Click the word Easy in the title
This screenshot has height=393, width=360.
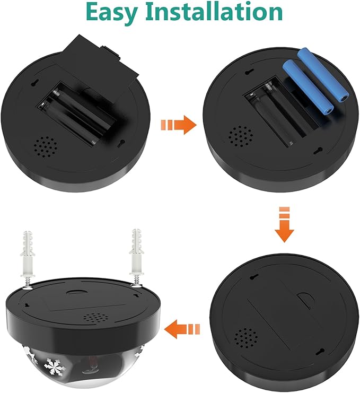point(112,13)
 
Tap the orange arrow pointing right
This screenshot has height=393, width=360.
point(178,125)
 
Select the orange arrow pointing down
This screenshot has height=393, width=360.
point(284,224)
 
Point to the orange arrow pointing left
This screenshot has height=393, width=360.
point(182,329)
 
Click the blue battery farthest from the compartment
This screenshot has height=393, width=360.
point(323,74)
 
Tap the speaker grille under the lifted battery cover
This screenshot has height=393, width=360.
point(46,147)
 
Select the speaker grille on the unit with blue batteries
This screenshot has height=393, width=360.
point(240,137)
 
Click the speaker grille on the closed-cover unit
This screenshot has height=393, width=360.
point(246,339)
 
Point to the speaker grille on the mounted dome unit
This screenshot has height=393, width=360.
point(96,318)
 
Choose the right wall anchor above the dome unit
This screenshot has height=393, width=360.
point(136,256)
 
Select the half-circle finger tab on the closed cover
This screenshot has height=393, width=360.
point(305,301)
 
